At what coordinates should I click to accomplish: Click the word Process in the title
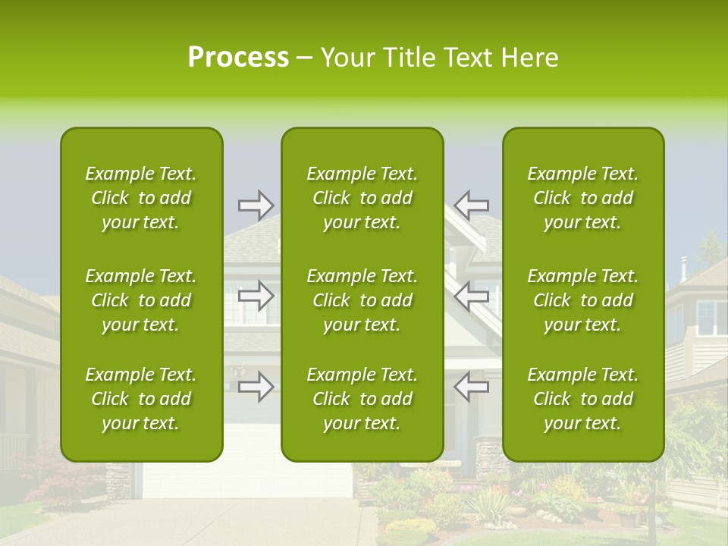click(x=238, y=58)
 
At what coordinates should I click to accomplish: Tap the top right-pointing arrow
click(x=256, y=205)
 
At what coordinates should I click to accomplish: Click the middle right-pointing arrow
click(x=256, y=296)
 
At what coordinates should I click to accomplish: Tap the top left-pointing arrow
click(x=472, y=205)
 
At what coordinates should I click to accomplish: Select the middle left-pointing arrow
click(x=472, y=296)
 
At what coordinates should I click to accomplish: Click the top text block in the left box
click(x=141, y=198)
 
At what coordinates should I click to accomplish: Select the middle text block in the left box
click(x=141, y=300)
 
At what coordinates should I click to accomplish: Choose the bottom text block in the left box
click(x=141, y=399)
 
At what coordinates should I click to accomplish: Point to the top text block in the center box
click(x=362, y=198)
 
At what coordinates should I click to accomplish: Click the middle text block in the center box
click(x=362, y=300)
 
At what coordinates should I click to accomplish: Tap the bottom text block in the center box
click(x=362, y=399)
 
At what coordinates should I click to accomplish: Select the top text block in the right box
click(x=583, y=198)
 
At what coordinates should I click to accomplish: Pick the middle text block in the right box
click(x=583, y=300)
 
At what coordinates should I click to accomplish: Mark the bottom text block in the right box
click(x=583, y=399)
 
